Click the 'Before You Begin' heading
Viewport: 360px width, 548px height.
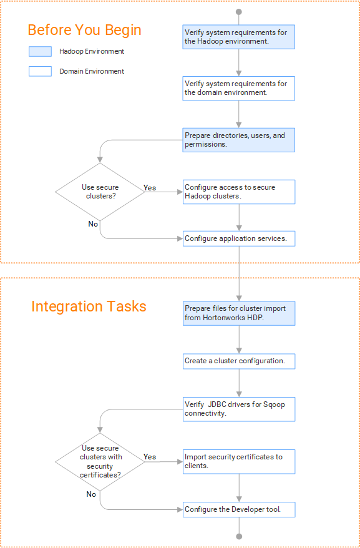[x=85, y=30]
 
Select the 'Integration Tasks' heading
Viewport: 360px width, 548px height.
[x=89, y=306]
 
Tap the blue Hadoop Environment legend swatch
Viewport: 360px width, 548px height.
[x=40, y=51]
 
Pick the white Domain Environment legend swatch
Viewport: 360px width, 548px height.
[x=40, y=71]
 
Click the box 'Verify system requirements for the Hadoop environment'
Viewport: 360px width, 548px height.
[x=239, y=37]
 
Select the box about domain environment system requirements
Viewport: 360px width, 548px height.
[x=239, y=89]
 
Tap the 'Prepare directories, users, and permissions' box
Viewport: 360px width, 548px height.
[x=239, y=140]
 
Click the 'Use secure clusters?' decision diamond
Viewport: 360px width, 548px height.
[x=100, y=192]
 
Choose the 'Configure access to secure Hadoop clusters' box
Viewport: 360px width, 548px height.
[x=239, y=192]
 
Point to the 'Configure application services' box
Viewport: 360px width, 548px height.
[x=239, y=238]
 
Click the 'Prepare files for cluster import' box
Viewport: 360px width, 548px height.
[x=239, y=313]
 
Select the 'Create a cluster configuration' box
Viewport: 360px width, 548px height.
[x=239, y=361]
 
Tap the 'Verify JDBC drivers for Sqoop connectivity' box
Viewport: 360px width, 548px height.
[x=239, y=409]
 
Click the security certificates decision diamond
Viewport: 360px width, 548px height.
[x=100, y=462]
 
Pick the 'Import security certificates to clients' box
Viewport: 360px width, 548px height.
[x=239, y=462]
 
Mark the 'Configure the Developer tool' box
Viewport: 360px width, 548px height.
[x=239, y=509]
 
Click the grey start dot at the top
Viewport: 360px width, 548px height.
[x=239, y=12]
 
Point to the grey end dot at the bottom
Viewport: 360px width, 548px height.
[x=239, y=537]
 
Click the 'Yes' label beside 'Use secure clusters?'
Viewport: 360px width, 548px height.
[x=150, y=188]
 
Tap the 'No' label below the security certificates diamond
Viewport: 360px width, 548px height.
[x=91, y=494]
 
